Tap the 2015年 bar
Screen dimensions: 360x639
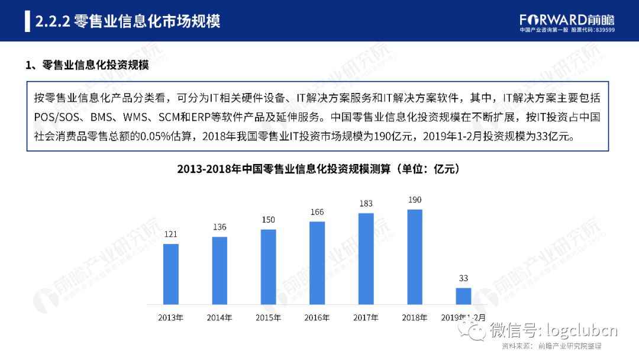268,266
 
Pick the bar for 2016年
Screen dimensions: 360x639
317,262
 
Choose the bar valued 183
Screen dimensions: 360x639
366,258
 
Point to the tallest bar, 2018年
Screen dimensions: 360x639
415,256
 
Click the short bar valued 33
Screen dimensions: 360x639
463,295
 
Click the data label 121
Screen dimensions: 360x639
170,234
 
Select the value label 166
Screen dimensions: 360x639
317,212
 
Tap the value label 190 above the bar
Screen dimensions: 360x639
415,200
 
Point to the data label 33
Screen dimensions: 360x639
463,278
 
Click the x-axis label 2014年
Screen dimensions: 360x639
220,317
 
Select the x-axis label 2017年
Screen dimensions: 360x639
366,317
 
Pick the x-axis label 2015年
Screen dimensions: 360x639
268,317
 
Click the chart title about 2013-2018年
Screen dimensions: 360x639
319,169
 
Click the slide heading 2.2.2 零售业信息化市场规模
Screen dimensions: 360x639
128,21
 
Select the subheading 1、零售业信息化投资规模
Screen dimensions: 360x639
87,66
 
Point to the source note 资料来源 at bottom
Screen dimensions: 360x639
551,346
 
